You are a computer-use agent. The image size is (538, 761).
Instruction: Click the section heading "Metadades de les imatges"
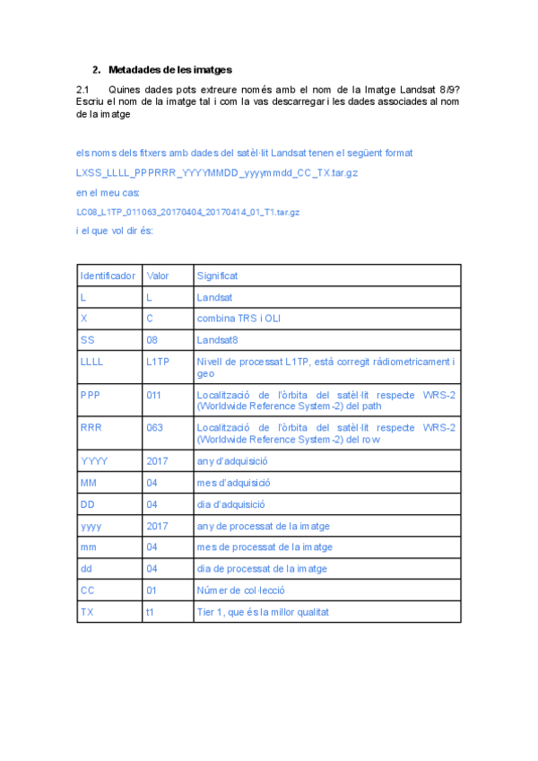point(169,69)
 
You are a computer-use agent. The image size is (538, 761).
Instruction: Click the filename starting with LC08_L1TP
point(187,213)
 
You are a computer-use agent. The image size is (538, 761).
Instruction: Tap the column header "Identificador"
point(108,276)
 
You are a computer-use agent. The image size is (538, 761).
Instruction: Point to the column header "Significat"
point(217,276)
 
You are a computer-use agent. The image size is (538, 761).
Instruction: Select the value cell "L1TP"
point(157,363)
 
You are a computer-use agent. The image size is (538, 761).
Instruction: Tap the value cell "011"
point(154,394)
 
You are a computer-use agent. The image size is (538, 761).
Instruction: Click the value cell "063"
point(154,428)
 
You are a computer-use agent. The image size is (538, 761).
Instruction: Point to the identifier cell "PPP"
point(90,394)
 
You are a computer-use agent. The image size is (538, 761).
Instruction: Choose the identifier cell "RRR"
point(91,428)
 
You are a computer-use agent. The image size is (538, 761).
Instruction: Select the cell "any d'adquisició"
point(232,461)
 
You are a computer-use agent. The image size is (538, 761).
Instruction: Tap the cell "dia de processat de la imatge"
point(262,569)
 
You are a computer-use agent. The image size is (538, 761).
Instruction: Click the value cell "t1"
point(150,612)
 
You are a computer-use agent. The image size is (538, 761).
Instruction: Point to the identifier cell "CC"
point(87,590)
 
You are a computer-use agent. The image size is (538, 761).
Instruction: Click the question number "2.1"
point(84,89)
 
